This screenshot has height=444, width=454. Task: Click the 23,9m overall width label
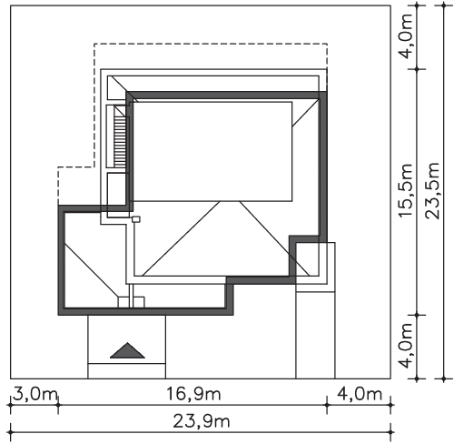pyautogui.click(x=202, y=421)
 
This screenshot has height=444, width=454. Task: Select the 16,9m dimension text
pyautogui.click(x=193, y=394)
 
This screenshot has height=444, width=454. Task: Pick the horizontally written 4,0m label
pyautogui.click(x=360, y=394)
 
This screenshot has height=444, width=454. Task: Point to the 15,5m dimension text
pyautogui.click(x=406, y=190)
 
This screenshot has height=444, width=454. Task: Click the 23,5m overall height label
pyautogui.click(x=432, y=190)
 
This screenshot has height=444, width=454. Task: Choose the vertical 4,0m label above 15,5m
pyautogui.click(x=406, y=35)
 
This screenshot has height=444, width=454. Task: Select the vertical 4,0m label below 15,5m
pyautogui.click(x=406, y=346)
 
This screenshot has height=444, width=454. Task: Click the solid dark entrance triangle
pyautogui.click(x=127, y=351)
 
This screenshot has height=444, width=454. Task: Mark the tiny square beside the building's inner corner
pyautogui.click(x=136, y=219)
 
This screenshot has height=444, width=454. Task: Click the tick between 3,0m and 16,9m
pyautogui.click(x=58, y=405)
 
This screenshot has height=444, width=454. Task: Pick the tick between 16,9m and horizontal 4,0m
pyautogui.click(x=327, y=405)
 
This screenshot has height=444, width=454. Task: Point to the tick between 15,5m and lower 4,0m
pyautogui.click(x=417, y=316)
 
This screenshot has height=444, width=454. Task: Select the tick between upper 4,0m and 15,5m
pyautogui.click(x=417, y=69)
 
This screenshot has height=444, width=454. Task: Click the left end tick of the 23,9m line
pyautogui.click(x=11, y=432)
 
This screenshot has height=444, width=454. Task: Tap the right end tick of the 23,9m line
pyautogui.click(x=390, y=432)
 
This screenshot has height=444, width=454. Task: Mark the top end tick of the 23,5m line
pyautogui.click(x=444, y=5)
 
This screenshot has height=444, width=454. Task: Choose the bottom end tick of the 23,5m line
pyautogui.click(x=444, y=378)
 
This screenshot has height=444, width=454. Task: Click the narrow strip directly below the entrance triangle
pyautogui.click(x=127, y=371)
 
